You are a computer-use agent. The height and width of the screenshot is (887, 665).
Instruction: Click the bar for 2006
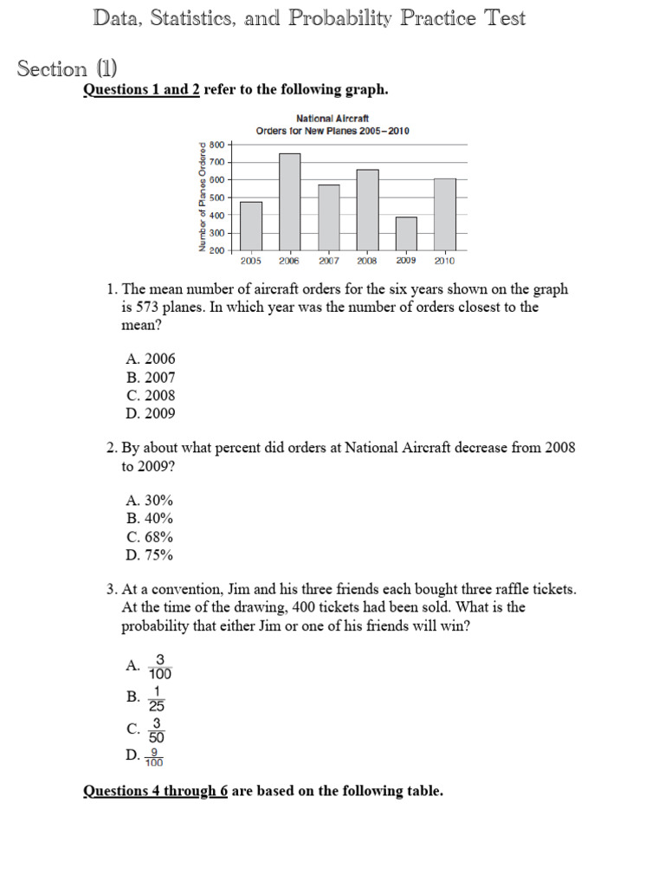pos(289,202)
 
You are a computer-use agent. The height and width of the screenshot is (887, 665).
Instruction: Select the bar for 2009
pos(406,234)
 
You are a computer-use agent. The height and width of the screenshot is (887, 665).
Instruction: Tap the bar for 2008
pos(367,210)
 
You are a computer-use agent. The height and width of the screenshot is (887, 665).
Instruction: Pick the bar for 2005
pos(250,226)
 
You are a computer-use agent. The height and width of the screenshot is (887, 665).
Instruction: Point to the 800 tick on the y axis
pos(216,145)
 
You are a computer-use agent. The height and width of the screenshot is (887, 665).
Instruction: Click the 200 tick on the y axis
pos(216,250)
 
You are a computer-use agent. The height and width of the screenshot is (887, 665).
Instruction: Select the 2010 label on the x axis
pos(444,260)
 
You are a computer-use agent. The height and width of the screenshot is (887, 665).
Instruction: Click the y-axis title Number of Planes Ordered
pos(203,197)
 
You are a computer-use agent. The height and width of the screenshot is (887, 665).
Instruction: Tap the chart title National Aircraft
pos(332,118)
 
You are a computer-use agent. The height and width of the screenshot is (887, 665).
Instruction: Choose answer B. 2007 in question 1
pos(150,377)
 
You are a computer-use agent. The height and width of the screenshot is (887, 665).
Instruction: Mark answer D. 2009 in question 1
pos(150,413)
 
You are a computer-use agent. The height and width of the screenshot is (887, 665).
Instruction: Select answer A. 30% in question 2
pos(149,500)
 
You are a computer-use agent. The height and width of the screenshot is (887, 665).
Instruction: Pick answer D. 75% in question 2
pos(149,554)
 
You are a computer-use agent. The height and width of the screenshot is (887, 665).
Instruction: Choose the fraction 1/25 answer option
pos(157,697)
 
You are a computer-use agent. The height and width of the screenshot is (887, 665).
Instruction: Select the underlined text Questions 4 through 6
pos(155,791)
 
